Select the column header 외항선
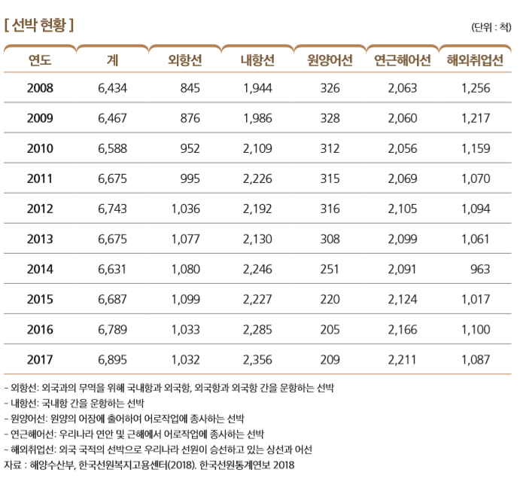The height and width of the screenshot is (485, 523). coord(184,60)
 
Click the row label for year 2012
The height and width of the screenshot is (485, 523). coord(40,209)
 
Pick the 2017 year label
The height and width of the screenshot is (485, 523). coord(40,359)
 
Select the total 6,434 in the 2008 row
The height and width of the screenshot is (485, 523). coord(113,88)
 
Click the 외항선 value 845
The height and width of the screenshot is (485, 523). coord(190,88)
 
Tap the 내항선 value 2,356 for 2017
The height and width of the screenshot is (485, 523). coord(257,359)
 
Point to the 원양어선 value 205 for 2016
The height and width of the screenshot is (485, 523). coord(330,329)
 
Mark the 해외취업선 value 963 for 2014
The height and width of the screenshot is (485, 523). coord(479,269)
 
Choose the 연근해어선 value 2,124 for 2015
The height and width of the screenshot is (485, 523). coord(403,299)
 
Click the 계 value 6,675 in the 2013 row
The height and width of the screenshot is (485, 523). coord(113,239)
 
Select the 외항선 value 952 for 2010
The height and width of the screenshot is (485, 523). coord(190,148)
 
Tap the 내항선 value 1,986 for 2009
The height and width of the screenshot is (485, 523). coord(257,118)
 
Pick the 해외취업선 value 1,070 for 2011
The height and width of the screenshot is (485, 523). coord(475,178)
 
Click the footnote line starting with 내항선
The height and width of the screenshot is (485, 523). coord(72,403)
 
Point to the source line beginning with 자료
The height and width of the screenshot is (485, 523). coord(150,465)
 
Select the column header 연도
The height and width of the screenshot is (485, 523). coord(40,60)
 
